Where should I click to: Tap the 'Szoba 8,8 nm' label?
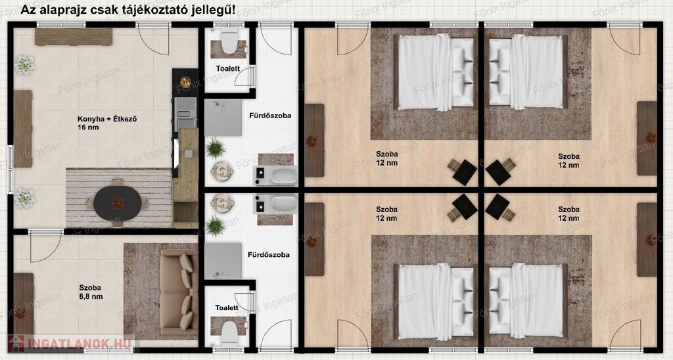coord(91,292)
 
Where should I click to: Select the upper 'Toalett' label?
coord(228,69)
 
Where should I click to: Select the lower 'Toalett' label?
coord(227,307)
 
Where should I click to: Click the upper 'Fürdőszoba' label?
coord(270,116)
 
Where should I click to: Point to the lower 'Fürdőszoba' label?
coord(268,254)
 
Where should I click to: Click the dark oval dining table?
coord(118,203)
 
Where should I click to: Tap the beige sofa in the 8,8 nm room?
coord(179,292)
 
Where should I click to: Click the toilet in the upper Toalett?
coord(229,41)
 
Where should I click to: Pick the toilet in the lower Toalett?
coord(229,334)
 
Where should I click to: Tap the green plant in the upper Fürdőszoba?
coord(215,148)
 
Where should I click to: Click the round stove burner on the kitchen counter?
coord(185,82)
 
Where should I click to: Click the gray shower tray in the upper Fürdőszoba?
coord(223,118)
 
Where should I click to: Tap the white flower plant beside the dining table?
coord(25,198)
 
